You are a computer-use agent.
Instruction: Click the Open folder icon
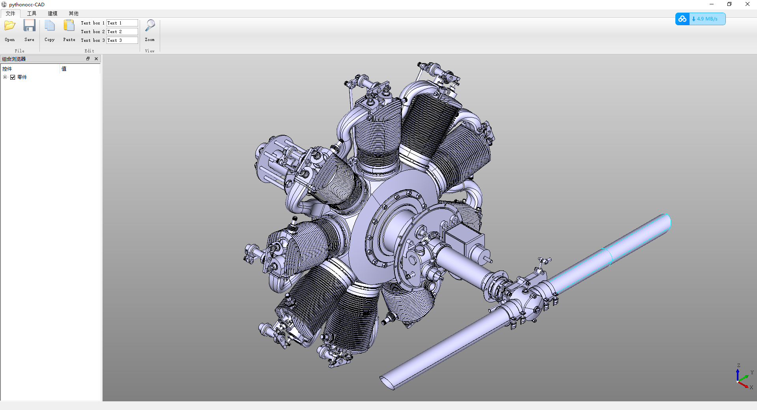[x=10, y=26]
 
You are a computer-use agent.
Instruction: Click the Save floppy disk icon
[x=29, y=26]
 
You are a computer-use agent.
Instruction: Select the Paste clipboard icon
[x=69, y=26]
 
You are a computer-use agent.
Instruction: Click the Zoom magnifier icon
[x=150, y=26]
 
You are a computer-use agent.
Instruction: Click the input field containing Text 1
[x=122, y=23]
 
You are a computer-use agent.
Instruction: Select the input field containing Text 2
[x=122, y=32]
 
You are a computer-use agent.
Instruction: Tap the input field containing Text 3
[x=122, y=40]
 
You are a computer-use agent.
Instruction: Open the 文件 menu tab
[x=11, y=13]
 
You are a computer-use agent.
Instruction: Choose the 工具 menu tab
[x=32, y=13]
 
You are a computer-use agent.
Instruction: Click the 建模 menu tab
[x=52, y=13]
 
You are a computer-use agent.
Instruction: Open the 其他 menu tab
[x=73, y=13]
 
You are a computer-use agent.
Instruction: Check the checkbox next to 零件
[x=13, y=77]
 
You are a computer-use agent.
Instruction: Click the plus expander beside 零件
[x=5, y=77]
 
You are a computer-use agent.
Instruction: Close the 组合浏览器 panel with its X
[x=96, y=59]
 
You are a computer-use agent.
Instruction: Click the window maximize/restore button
[x=729, y=4]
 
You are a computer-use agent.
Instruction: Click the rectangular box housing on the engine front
[x=464, y=239]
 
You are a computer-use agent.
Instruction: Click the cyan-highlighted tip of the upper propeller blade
[x=663, y=223]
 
